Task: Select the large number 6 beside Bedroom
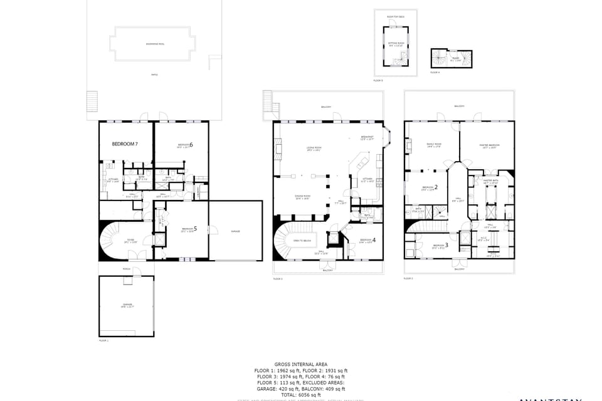191,145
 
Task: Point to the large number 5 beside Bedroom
196,229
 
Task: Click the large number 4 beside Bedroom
374,240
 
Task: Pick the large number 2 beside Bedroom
436,187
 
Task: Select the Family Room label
434,145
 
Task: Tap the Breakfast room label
367,137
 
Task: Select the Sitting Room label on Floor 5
396,43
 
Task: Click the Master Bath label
490,180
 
